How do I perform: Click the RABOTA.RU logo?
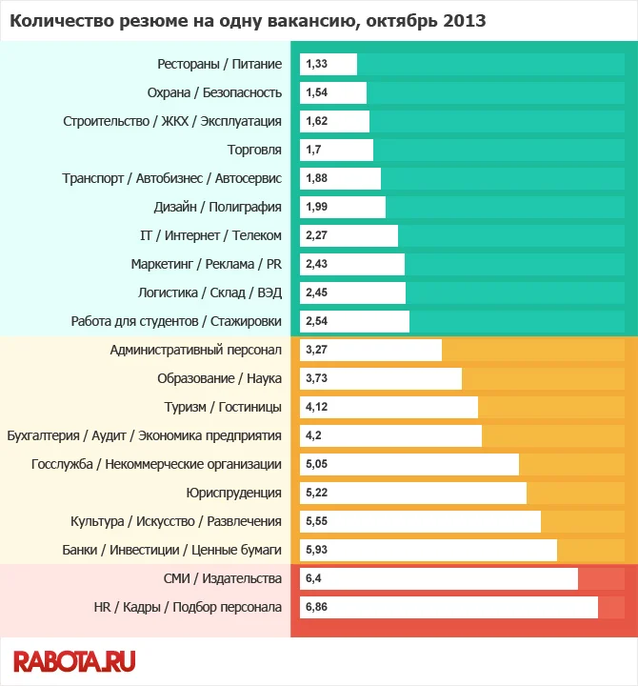pos(74,660)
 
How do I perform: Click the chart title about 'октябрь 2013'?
pos(248,20)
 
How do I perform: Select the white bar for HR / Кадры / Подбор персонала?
pos(449,607)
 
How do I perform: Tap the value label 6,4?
pos(314,578)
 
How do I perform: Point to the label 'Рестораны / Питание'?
pos(219,64)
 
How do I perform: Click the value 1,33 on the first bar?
pos(316,64)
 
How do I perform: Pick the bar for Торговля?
pos(336,150)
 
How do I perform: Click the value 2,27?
pos(316,235)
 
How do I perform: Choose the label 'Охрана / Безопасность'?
pos(214,92)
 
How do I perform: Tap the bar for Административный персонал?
pos(370,350)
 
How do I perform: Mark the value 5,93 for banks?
pos(316,550)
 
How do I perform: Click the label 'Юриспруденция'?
pos(234,493)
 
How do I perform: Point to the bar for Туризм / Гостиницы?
pos(389,407)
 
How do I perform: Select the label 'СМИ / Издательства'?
pos(223,578)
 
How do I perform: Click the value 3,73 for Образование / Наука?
pos(316,378)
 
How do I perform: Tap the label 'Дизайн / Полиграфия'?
pos(218,207)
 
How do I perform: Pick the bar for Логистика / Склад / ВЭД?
pos(352,293)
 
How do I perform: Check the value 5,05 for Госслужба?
pos(316,464)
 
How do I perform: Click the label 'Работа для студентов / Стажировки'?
pos(176,321)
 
